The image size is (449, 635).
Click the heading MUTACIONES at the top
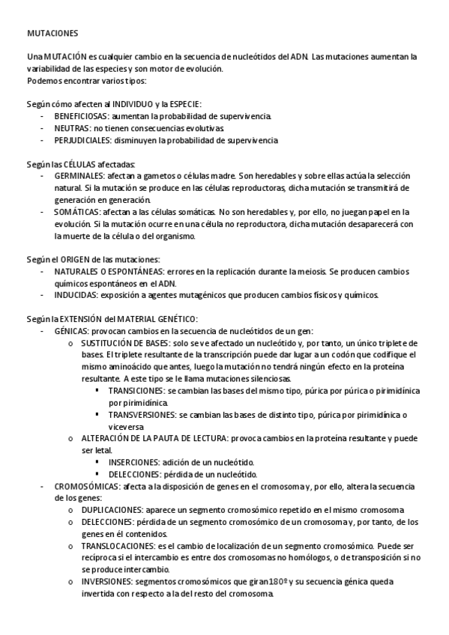(51, 34)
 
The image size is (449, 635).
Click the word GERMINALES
(79, 175)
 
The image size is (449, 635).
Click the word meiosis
(302, 270)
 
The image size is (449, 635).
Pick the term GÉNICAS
(71, 330)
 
